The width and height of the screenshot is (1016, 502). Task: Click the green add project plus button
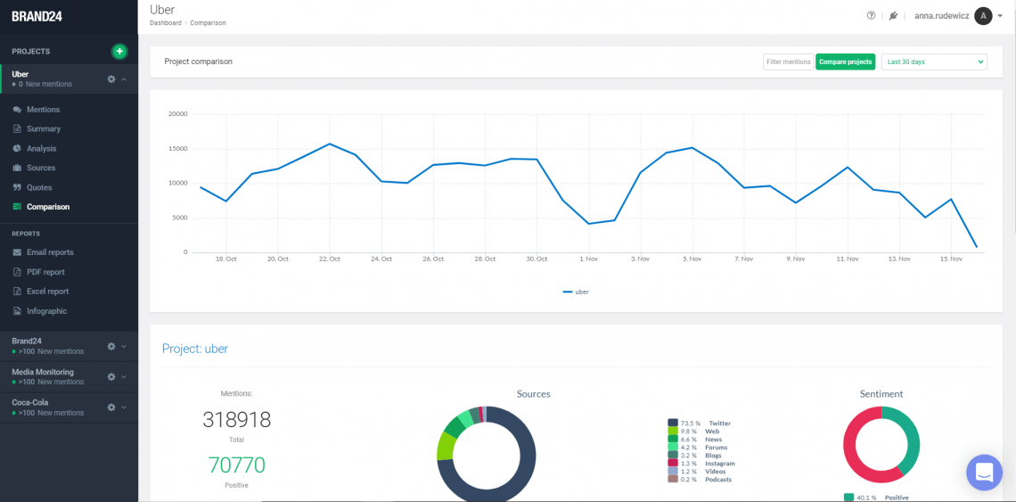[x=119, y=52]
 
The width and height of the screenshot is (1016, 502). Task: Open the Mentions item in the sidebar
[x=43, y=110]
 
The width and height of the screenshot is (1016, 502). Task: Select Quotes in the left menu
[x=39, y=187]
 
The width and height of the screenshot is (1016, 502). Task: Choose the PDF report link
[x=45, y=272]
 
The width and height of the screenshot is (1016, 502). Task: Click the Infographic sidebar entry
[x=46, y=311]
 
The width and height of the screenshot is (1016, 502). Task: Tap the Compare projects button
[x=845, y=62]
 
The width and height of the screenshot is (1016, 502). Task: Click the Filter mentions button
[x=788, y=62]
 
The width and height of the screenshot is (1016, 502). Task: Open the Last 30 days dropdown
[x=934, y=62]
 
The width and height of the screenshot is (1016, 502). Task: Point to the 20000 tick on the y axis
[x=178, y=114]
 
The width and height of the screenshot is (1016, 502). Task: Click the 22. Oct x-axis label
[x=329, y=259]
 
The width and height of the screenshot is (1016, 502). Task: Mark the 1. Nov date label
[x=588, y=259]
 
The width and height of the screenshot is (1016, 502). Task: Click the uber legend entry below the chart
[x=576, y=292]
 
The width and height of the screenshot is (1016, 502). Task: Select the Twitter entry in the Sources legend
[x=719, y=424]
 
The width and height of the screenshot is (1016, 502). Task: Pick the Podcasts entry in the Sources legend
[x=718, y=480]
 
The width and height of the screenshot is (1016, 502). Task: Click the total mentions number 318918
[x=236, y=420]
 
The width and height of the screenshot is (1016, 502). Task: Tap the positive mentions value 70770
[x=236, y=465]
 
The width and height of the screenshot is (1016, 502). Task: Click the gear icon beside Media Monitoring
[x=111, y=376]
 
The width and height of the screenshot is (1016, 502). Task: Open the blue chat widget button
[x=984, y=472]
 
